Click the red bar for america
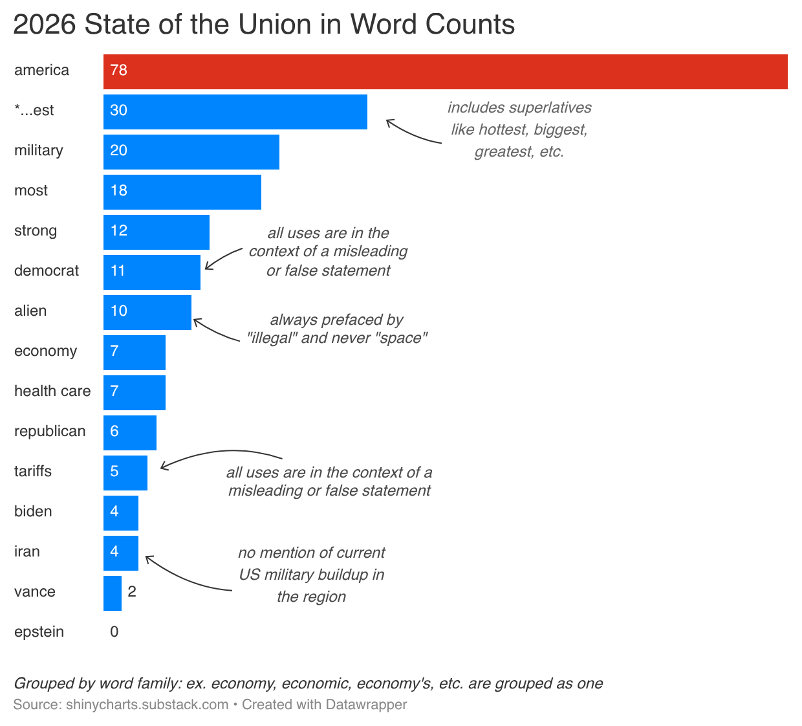point(445,71)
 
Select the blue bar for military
point(191,151)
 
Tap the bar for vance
point(113,593)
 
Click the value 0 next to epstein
point(114,632)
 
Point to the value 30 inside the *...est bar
point(119,111)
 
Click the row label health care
point(52,391)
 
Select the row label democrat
point(47,270)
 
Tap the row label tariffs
point(33,471)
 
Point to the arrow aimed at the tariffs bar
point(220,454)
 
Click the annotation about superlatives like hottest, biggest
point(519,129)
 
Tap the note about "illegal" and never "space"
point(337,329)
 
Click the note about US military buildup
point(311,575)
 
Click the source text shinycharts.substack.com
point(147,705)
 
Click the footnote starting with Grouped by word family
point(308,683)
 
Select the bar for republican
point(130,432)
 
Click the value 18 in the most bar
point(119,191)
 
